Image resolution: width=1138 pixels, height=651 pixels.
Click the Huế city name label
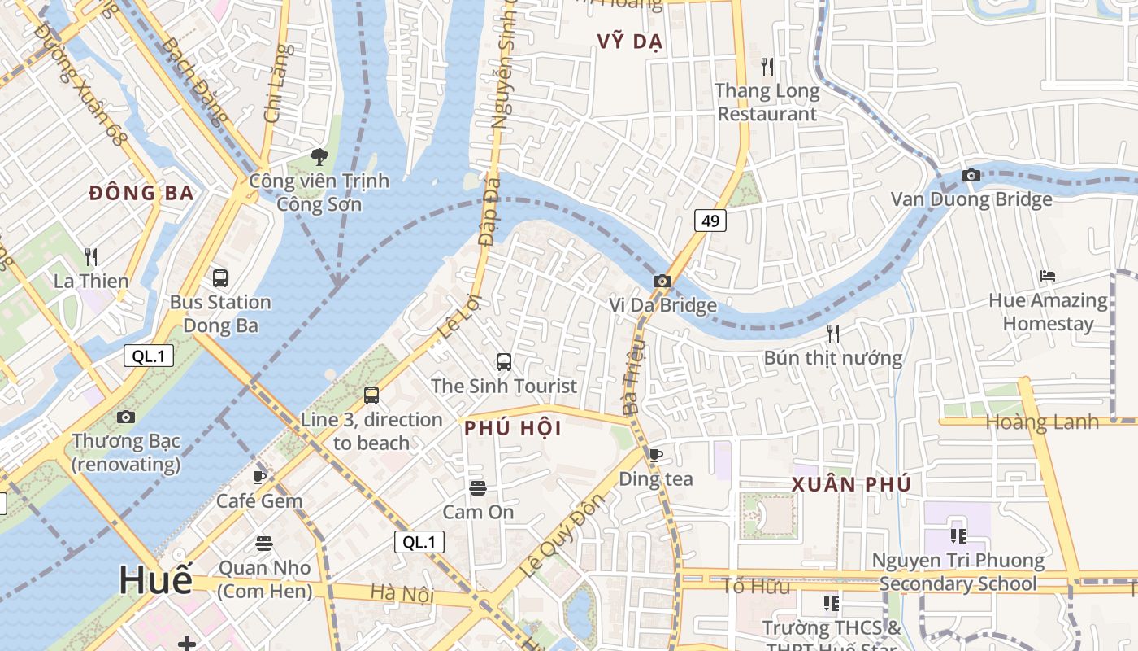pyautogui.click(x=156, y=580)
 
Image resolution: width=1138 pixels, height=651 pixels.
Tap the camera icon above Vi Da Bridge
pyautogui.click(x=662, y=282)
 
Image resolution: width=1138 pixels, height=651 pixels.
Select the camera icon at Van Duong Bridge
pyautogui.click(x=971, y=175)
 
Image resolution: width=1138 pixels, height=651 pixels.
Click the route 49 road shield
pyautogui.click(x=710, y=221)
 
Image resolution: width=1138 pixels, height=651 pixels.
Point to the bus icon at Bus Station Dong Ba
pyautogui.click(x=220, y=278)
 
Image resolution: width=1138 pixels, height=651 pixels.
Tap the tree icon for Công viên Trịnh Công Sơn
pyautogui.click(x=319, y=156)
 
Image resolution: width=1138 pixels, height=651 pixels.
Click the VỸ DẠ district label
pyautogui.click(x=630, y=42)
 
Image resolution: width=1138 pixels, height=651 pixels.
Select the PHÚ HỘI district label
pyautogui.click(x=513, y=429)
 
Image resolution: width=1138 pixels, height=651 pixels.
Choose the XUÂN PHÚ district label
pyautogui.click(x=851, y=485)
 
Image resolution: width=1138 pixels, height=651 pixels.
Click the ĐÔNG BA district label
pyautogui.click(x=141, y=194)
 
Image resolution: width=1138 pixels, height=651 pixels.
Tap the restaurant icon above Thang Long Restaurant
pyautogui.click(x=767, y=67)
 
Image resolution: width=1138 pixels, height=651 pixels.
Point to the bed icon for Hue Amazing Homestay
pyautogui.click(x=1048, y=277)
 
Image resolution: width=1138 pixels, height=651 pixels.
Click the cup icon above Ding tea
pyautogui.click(x=656, y=456)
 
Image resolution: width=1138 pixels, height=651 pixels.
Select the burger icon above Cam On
pyautogui.click(x=478, y=488)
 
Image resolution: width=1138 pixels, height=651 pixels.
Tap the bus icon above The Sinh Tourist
pyautogui.click(x=504, y=362)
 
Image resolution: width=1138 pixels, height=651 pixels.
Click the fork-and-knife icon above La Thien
pyautogui.click(x=91, y=258)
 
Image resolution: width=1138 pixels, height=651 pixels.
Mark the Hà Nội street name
pyautogui.click(x=402, y=594)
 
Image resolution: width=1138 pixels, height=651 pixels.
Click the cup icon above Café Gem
pyautogui.click(x=259, y=478)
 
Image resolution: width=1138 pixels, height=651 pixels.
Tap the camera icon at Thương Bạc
pyautogui.click(x=126, y=417)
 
